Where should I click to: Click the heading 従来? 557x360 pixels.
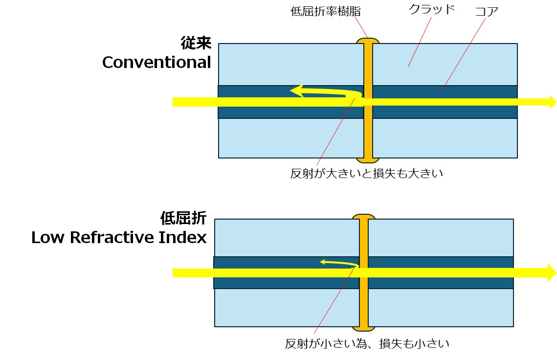[x=196, y=44]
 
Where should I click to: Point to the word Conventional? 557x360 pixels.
[x=156, y=62]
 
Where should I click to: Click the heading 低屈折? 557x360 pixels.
[x=183, y=218]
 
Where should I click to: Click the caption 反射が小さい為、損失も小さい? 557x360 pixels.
[x=367, y=343]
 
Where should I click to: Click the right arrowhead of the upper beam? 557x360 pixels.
[x=553, y=102]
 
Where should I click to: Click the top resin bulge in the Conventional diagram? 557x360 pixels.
[x=368, y=41]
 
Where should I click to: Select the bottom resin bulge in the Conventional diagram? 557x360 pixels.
[x=368, y=160]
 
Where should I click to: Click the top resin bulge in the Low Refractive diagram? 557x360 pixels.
[x=363, y=217]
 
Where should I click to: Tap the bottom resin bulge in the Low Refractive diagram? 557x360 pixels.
[x=363, y=328]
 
